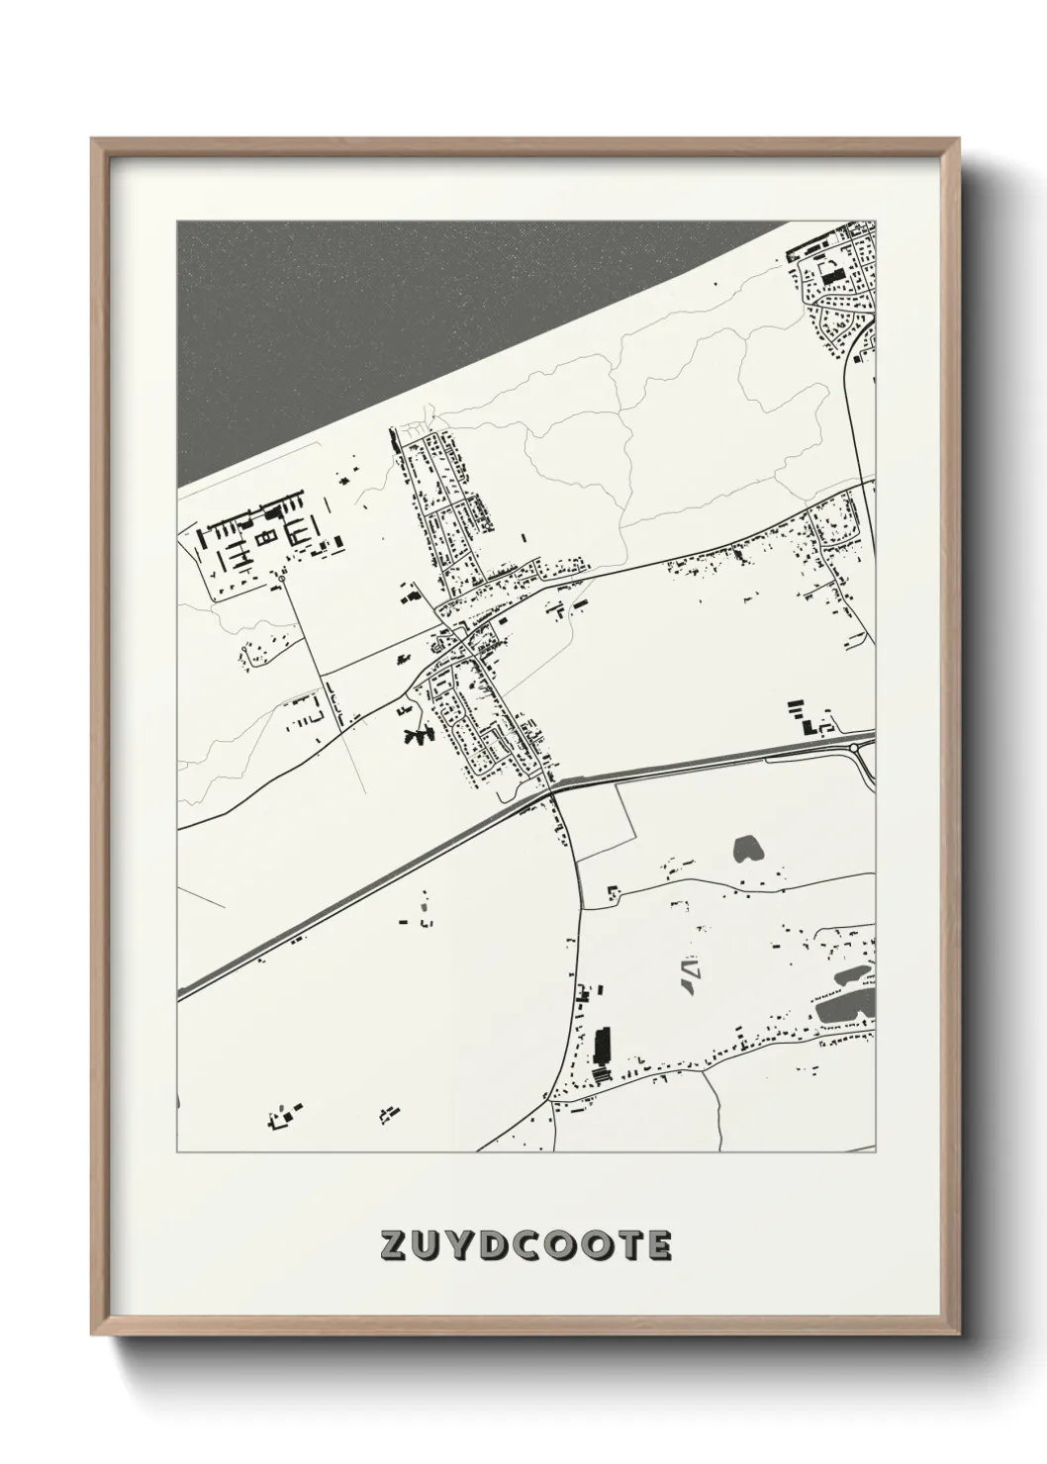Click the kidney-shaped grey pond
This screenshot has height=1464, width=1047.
click(x=746, y=848)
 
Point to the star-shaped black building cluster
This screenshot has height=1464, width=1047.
click(x=420, y=737)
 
